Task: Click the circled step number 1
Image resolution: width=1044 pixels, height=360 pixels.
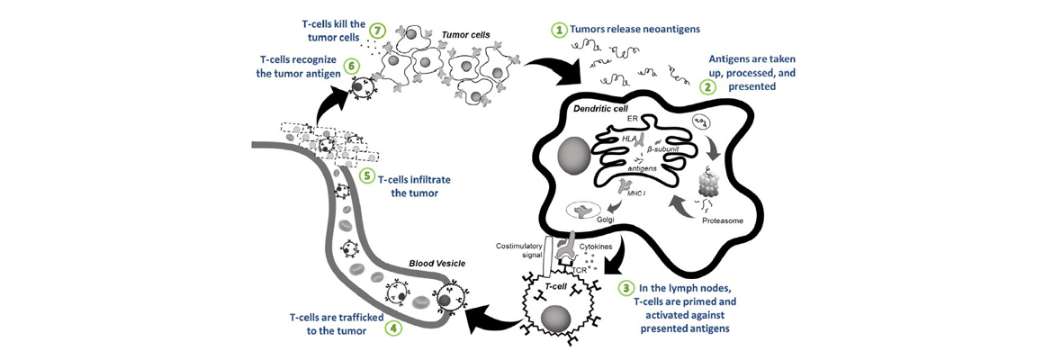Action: point(561,30)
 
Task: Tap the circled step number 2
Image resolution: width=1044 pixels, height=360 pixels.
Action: point(708,87)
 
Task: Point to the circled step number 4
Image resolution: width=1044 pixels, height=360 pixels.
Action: point(392,329)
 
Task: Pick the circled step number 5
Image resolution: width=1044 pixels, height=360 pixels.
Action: point(366,176)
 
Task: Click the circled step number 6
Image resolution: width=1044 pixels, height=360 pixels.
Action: point(352,66)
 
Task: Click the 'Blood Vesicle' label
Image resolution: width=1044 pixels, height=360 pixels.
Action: point(436,264)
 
